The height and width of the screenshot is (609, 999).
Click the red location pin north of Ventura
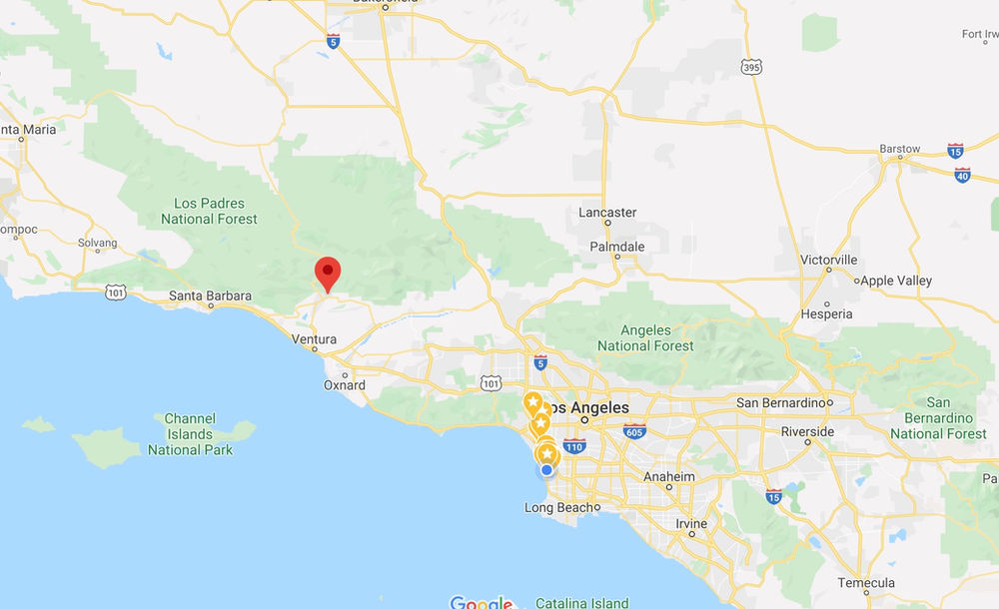[x=327, y=273]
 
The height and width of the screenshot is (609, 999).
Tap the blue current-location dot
[x=546, y=470]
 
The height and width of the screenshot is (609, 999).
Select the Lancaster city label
[x=607, y=213]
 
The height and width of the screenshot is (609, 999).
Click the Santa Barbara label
[x=210, y=296]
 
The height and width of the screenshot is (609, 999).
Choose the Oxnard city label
[x=345, y=385]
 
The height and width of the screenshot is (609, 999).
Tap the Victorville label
[x=829, y=260]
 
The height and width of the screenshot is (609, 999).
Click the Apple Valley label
[x=896, y=282]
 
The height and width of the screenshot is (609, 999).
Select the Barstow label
[x=899, y=149]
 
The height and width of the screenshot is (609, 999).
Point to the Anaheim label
[x=669, y=477]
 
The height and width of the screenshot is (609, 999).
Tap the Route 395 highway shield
[x=751, y=67]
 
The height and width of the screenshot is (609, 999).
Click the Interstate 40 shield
[x=962, y=175]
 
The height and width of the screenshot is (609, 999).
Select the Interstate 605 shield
[x=633, y=429]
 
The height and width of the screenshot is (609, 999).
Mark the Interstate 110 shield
[x=574, y=446]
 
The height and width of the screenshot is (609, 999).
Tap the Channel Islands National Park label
[x=190, y=434]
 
